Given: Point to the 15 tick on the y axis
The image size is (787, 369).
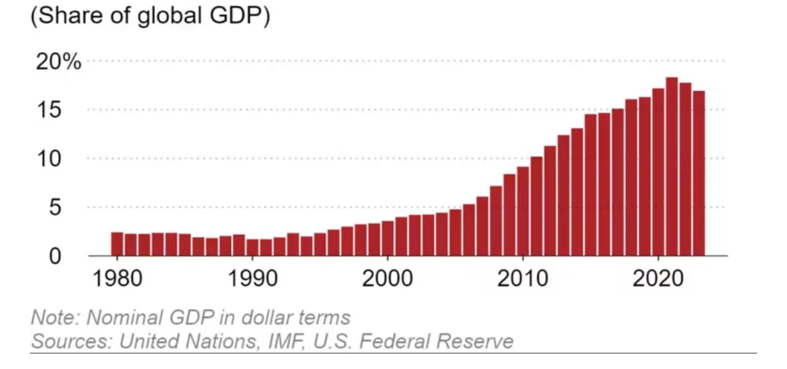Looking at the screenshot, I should tap(65, 110).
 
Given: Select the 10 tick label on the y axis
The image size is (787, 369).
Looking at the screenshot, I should tap(65, 159).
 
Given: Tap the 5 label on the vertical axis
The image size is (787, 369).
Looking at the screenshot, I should tap(73, 208).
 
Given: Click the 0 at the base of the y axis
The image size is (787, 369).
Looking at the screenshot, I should tap(73, 256).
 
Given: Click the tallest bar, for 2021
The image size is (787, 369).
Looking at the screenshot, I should tap(672, 167).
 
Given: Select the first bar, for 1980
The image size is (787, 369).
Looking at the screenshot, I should tap(117, 244).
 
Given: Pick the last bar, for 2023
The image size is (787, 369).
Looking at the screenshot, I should tap(699, 173).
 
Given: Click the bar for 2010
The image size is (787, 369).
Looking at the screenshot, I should tap(523, 211).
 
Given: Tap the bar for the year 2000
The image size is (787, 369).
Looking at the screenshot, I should tap(388, 238).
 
